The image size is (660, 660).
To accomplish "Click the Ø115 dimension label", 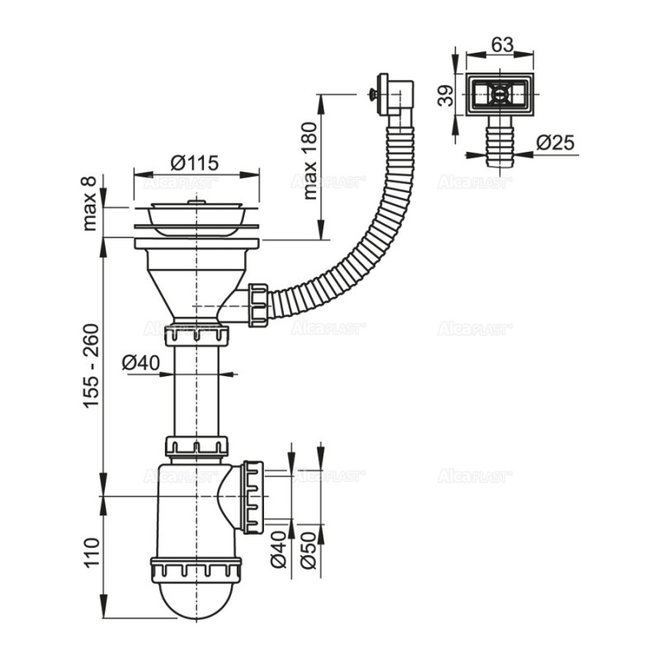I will pyautogui.click(x=196, y=163).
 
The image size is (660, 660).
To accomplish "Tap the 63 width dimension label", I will pyautogui.click(x=501, y=42).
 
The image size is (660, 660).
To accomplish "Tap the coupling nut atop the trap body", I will pyautogui.click(x=196, y=446).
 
